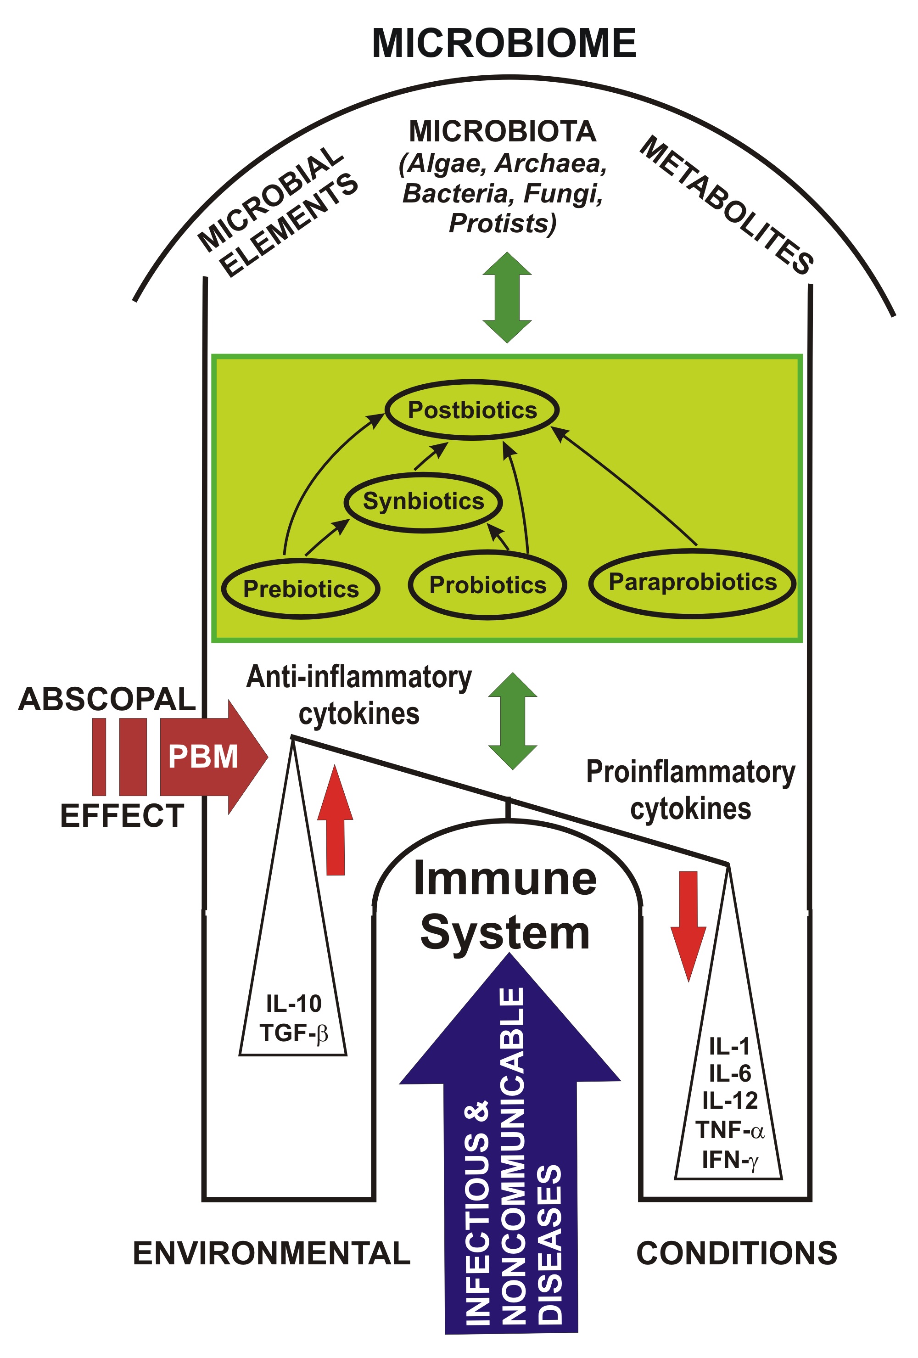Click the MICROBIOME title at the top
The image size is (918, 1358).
coord(504,43)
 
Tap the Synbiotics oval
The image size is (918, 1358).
coord(423,501)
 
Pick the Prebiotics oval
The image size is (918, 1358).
coord(301,589)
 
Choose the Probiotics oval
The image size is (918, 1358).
coord(487,585)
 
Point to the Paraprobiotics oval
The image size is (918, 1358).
coord(693,582)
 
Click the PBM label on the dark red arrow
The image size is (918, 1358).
coord(203,756)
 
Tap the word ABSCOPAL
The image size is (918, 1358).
coord(107,700)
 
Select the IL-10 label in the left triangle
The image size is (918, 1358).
coord(293,1003)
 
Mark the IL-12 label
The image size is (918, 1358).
coord(729,1100)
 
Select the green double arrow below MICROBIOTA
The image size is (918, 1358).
coord(507,297)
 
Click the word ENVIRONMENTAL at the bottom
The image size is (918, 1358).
coord(272,1253)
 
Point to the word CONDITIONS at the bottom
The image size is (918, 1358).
coord(736,1253)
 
